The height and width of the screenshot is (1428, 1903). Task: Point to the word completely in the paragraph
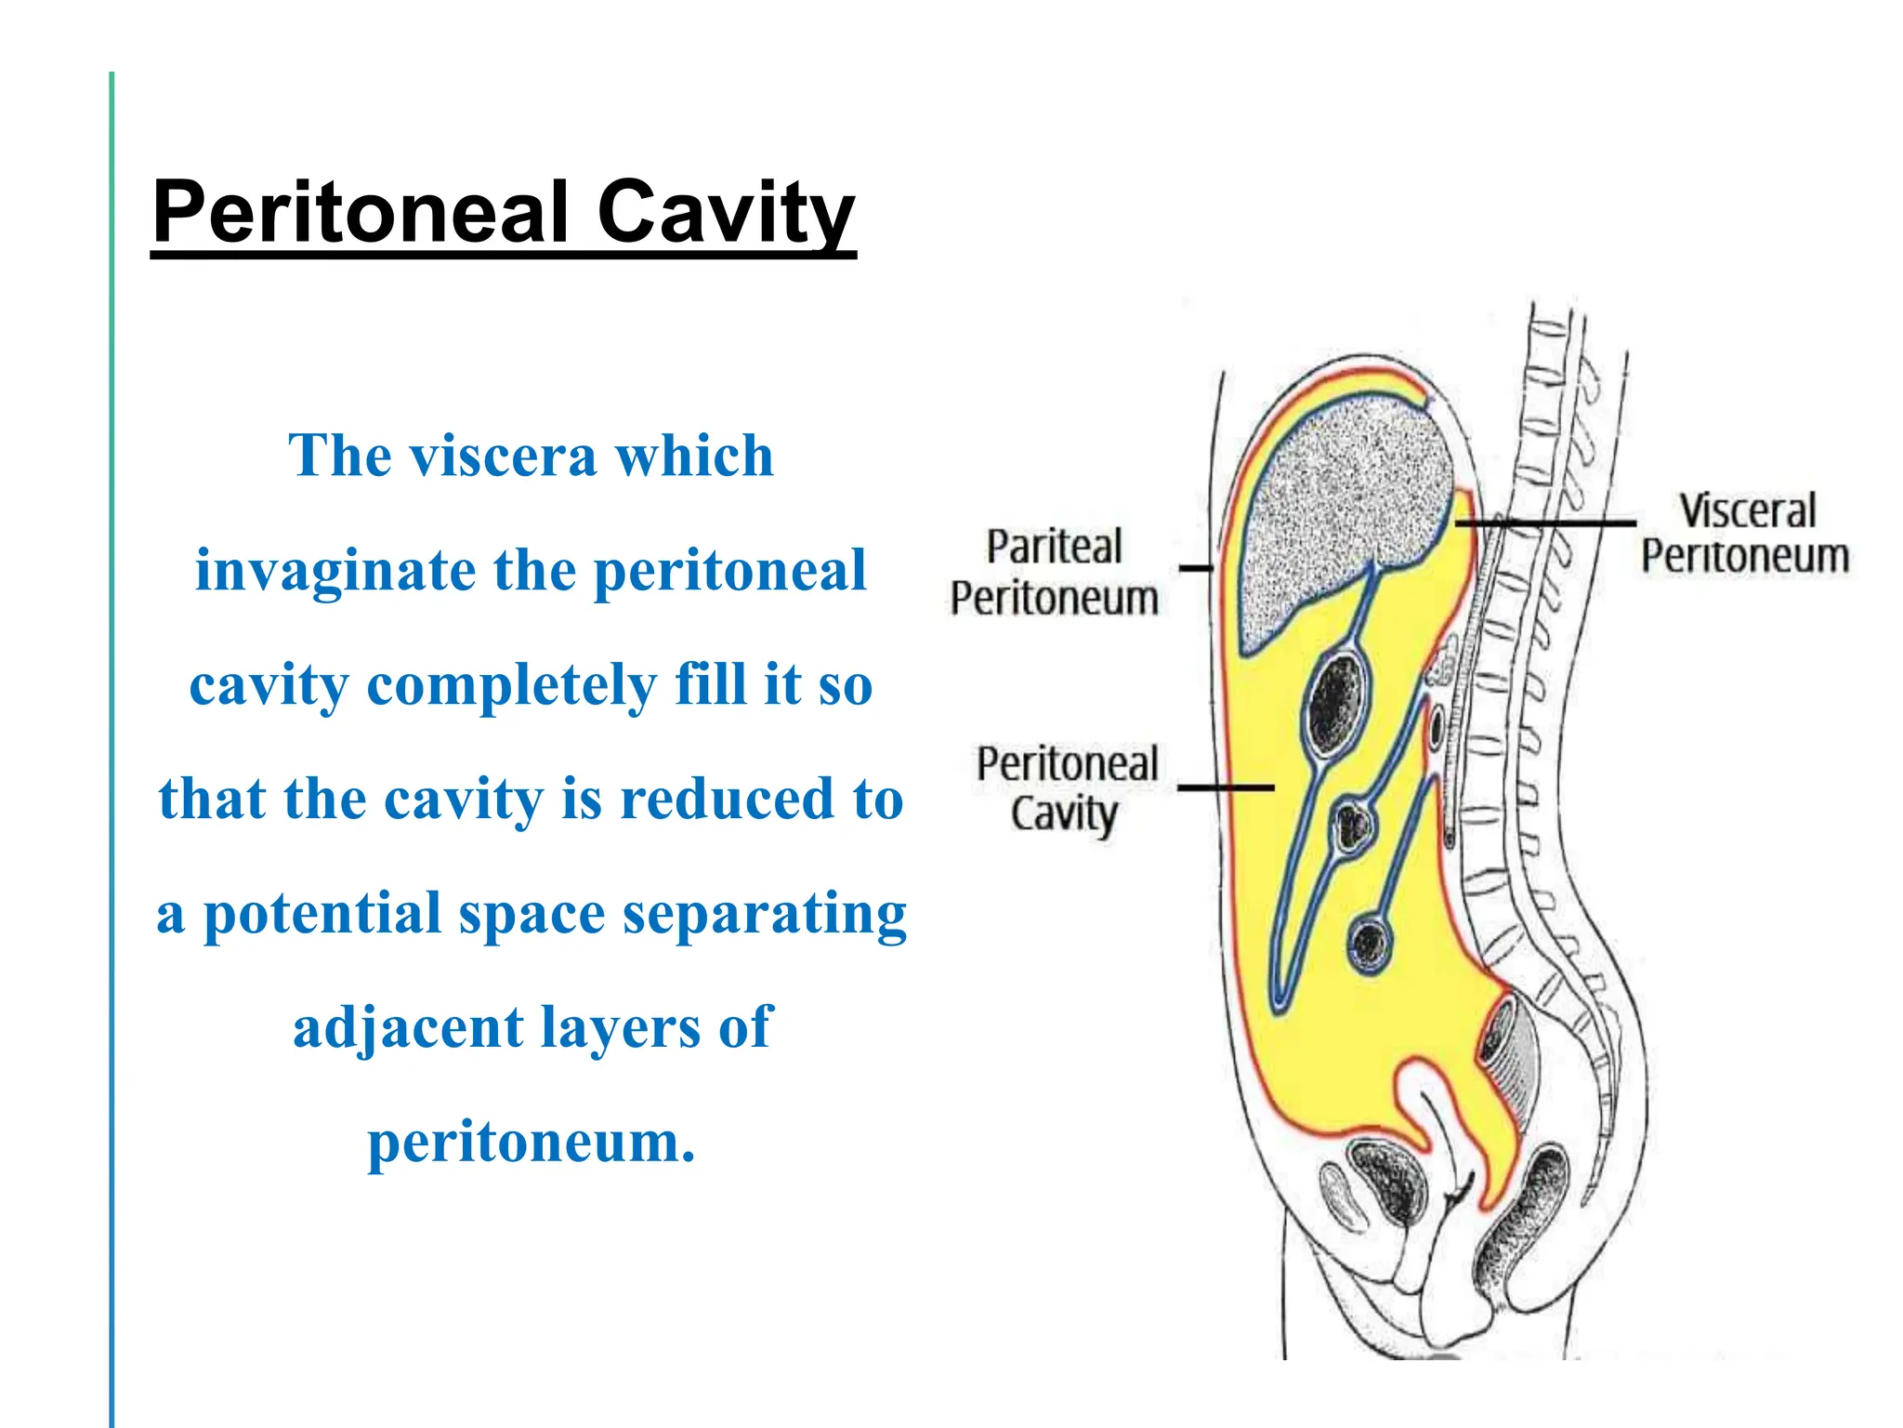click(512, 685)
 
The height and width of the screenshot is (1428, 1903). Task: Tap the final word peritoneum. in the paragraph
click(532, 1143)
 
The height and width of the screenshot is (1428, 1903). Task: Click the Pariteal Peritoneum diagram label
click(1054, 571)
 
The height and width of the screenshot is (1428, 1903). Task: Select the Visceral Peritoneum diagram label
click(1745, 534)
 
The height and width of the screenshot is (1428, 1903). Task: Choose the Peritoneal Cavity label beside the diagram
click(1067, 788)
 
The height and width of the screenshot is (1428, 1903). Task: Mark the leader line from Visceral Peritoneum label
click(1547, 523)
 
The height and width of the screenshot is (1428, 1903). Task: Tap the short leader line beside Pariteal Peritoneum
click(1195, 567)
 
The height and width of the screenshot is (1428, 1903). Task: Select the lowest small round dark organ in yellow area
click(1369, 944)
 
